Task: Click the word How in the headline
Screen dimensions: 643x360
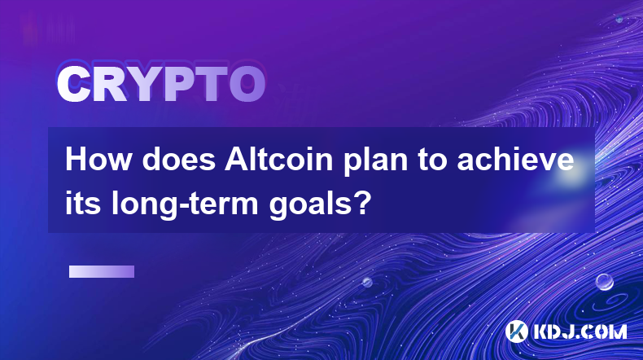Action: (x=98, y=160)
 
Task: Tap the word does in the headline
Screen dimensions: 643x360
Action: (x=179, y=160)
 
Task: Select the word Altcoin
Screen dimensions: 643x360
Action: (x=279, y=160)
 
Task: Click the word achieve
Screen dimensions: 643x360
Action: (x=515, y=160)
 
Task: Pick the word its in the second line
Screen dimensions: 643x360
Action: (x=83, y=203)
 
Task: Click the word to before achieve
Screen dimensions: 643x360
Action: (x=432, y=160)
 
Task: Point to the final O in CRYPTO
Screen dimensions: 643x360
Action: (x=247, y=85)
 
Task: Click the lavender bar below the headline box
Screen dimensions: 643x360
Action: (x=102, y=272)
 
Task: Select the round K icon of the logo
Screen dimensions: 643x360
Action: (x=516, y=331)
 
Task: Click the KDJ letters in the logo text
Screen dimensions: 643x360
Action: (x=553, y=332)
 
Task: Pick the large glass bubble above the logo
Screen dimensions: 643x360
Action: (x=605, y=282)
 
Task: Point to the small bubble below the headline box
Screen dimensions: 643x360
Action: (x=367, y=282)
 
